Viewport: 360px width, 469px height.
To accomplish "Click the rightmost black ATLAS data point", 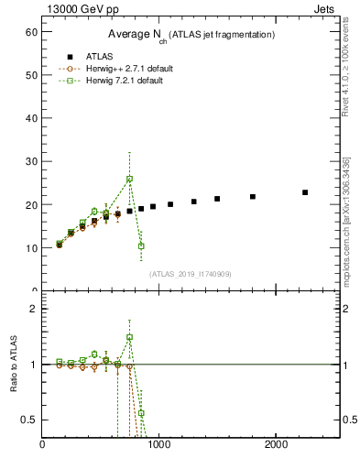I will point(305,192).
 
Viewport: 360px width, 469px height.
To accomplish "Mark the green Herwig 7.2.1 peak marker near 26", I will point(129,179).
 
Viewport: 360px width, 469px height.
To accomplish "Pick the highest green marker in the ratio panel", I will point(129,337).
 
